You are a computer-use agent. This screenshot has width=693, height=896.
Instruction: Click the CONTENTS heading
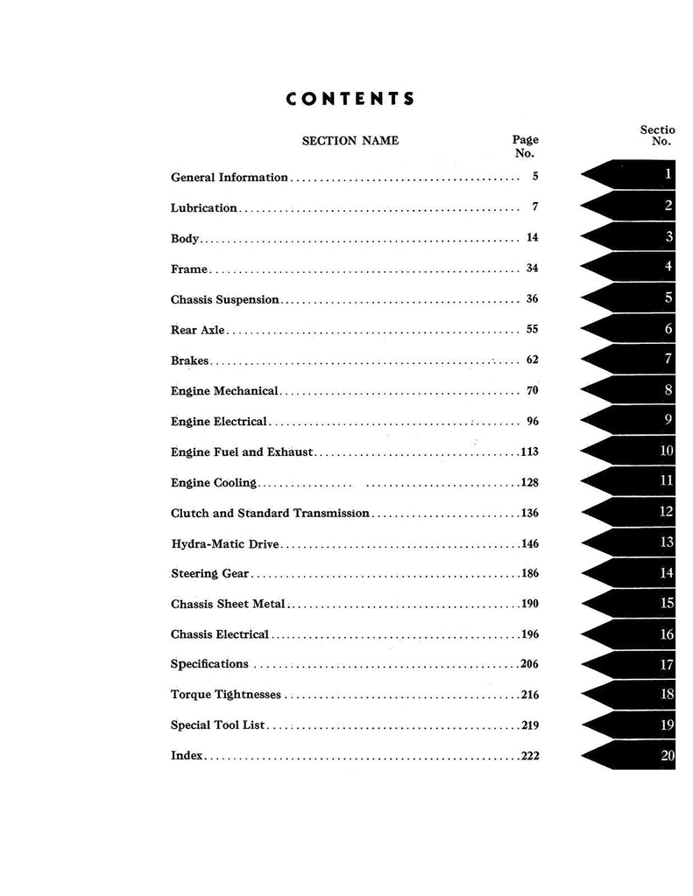click(x=350, y=98)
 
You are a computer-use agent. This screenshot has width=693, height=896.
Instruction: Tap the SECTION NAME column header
click(x=350, y=140)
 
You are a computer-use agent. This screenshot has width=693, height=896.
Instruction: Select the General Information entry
click(x=229, y=177)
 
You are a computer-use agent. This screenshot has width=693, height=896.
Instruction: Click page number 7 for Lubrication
click(x=534, y=207)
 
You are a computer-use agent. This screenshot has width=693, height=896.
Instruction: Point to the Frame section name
click(x=188, y=269)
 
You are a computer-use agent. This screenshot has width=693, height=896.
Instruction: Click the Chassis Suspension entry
click(x=224, y=299)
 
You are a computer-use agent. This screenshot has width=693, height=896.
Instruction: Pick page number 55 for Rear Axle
click(x=532, y=330)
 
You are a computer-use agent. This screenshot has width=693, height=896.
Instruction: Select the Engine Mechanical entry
click(x=223, y=390)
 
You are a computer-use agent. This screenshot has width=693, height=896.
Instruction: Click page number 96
click(x=532, y=421)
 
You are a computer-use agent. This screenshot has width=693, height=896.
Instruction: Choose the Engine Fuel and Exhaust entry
click(x=242, y=451)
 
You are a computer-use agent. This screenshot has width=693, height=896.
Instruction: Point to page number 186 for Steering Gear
click(x=529, y=574)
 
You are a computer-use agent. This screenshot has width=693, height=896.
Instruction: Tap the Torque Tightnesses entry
click(x=226, y=695)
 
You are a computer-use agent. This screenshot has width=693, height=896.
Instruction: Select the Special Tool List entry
click(x=218, y=725)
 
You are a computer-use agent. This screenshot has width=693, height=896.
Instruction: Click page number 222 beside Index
click(x=529, y=756)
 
